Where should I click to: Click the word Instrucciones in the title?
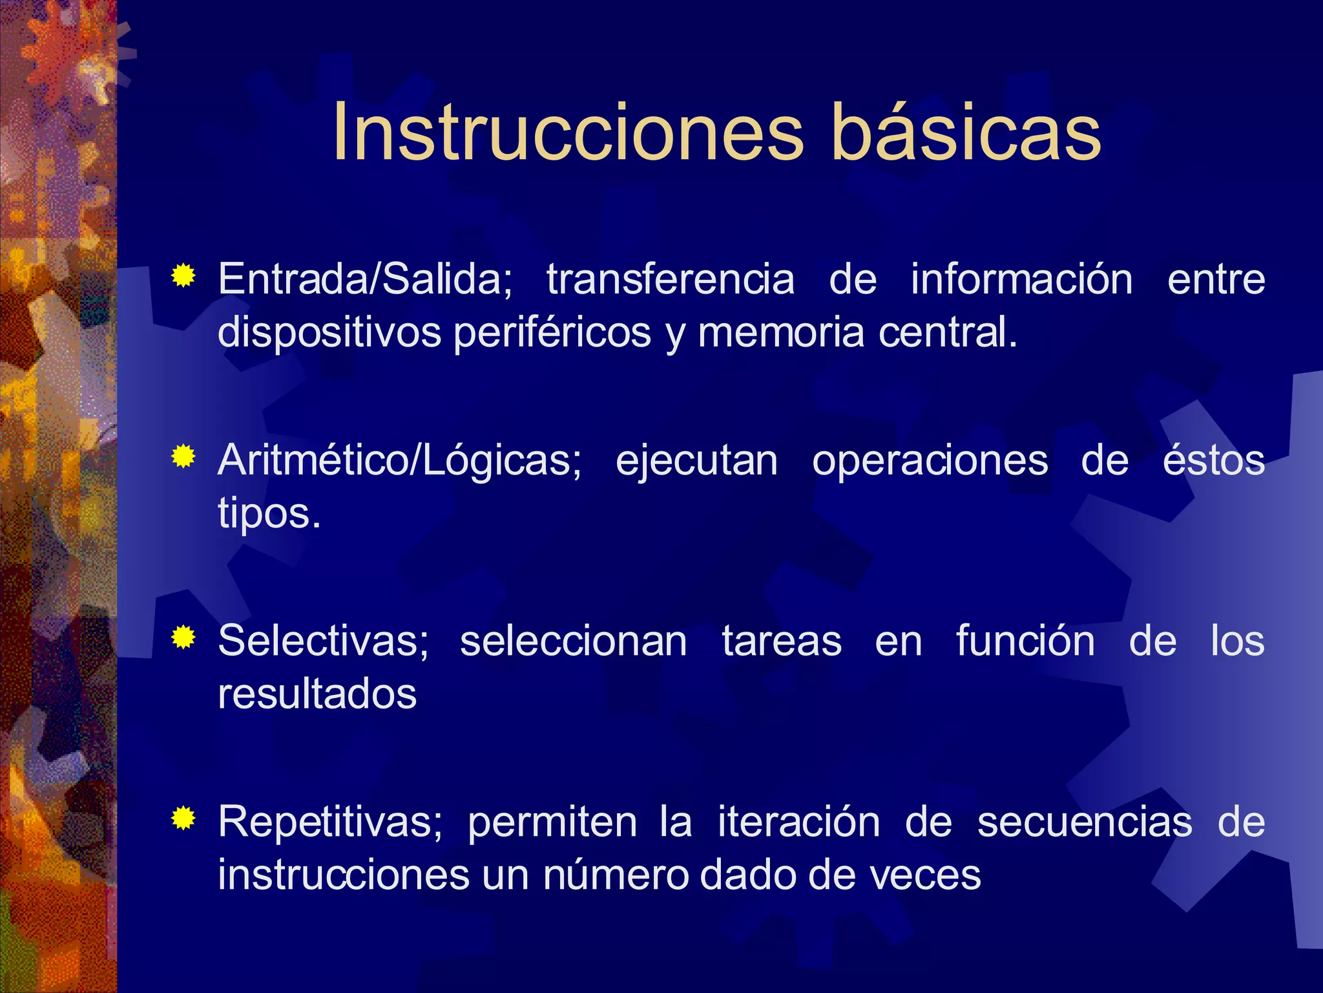tap(567, 133)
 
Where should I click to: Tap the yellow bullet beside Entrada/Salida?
tap(184, 277)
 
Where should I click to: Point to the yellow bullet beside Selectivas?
tap(184, 638)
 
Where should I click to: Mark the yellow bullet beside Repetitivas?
tap(184, 819)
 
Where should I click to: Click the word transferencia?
tap(670, 279)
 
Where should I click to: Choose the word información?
tap(1021, 279)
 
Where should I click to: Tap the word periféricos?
tap(552, 333)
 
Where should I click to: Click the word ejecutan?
tap(696, 462)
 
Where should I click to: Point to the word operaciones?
tap(930, 460)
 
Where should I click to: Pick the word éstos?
tap(1213, 460)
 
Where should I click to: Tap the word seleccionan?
tap(573, 641)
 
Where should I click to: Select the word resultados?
tap(317, 694)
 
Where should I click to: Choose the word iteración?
tap(798, 822)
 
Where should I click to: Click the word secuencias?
tap(1085, 822)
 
